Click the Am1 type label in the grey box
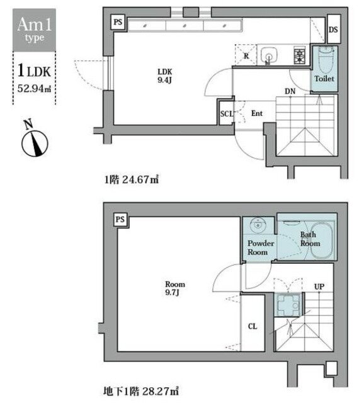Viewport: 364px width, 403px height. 31,30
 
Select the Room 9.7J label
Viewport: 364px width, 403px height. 174,288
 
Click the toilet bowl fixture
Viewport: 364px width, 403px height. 324,61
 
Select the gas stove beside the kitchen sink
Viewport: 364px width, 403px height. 299,57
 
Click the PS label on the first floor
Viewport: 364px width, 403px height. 118,22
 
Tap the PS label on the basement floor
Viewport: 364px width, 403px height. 119,219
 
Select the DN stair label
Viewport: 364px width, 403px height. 290,91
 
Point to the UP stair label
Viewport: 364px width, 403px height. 319,287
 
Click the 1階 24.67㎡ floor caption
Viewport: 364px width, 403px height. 130,179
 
